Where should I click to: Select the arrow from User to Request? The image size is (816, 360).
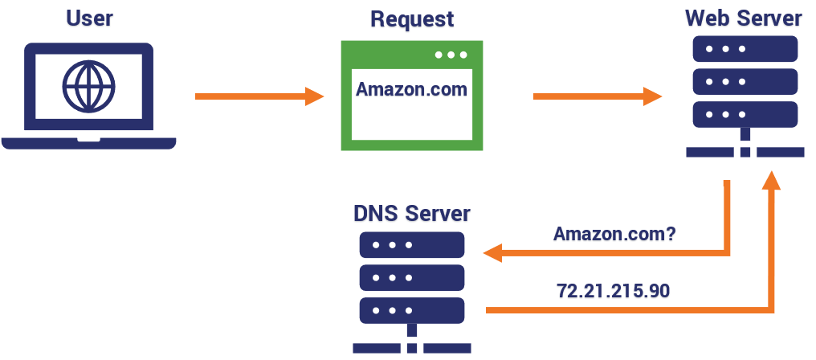pyautogui.click(x=257, y=96)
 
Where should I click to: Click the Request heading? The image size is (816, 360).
pyautogui.click(x=411, y=19)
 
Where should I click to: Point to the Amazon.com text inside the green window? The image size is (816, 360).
pyautogui.click(x=411, y=89)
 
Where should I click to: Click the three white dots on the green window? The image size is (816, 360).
pyautogui.click(x=451, y=55)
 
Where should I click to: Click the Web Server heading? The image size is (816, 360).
pyautogui.click(x=743, y=18)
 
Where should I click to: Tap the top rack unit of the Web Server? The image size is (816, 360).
pyautogui.click(x=745, y=50)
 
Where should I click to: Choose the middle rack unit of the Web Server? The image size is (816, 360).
pyautogui.click(x=745, y=81)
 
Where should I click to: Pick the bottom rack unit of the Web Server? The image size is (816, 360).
pyautogui.click(x=745, y=112)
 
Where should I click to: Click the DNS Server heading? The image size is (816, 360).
pyautogui.click(x=412, y=214)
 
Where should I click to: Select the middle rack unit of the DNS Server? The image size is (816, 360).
pyautogui.click(x=412, y=277)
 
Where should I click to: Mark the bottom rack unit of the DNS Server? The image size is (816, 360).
pyautogui.click(x=412, y=309)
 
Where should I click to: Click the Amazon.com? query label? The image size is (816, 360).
pyautogui.click(x=614, y=235)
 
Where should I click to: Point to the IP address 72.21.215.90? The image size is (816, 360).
pyautogui.click(x=613, y=290)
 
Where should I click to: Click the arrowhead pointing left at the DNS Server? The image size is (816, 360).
pyautogui.click(x=492, y=255)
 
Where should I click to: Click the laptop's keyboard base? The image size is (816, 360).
pyautogui.click(x=88, y=143)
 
